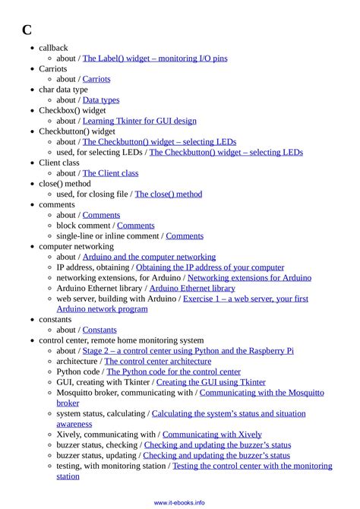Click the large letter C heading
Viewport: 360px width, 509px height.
[x=27, y=30]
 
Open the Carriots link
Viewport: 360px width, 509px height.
[x=96, y=79]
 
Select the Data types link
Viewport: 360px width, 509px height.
[x=101, y=100]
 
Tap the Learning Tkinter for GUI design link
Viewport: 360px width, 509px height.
[x=140, y=121]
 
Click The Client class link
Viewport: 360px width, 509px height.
[x=110, y=173]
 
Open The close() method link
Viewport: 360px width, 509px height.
[x=169, y=194]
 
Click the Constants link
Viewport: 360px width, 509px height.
[x=99, y=330]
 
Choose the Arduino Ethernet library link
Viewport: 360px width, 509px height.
[x=192, y=289]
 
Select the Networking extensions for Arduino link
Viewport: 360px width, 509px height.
[x=249, y=278]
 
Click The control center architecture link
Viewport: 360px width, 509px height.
[x=158, y=362]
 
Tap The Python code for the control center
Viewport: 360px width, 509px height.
[x=173, y=372]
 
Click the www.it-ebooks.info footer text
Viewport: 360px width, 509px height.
[x=180, y=502]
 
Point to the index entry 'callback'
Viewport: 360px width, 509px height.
[x=53, y=48]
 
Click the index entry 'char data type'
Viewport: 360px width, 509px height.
[x=63, y=90]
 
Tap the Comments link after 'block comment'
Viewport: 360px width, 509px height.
[x=136, y=226]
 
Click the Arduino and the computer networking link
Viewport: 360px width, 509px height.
[x=149, y=257]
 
